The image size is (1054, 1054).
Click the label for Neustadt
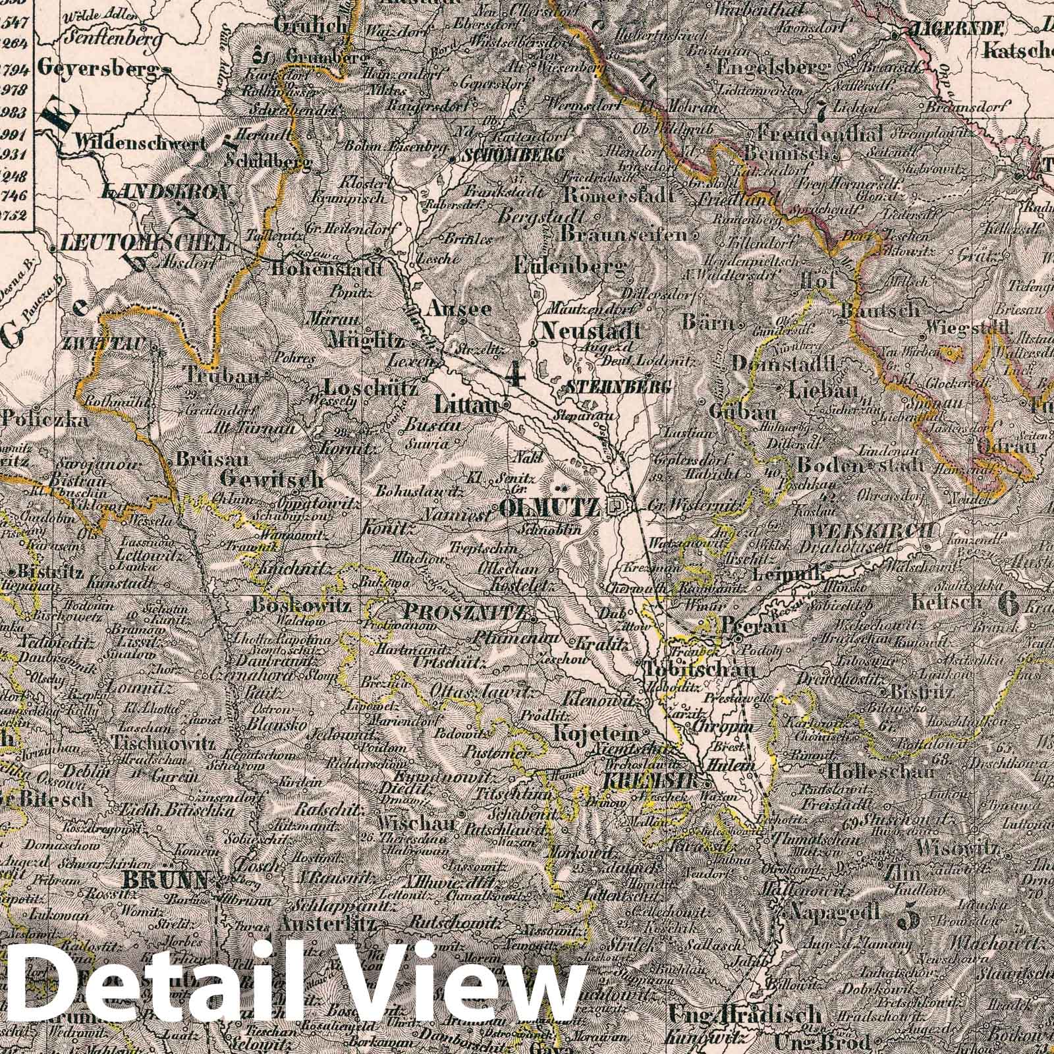590,330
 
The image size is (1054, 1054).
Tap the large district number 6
1009,600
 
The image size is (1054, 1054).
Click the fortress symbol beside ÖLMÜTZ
617,506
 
